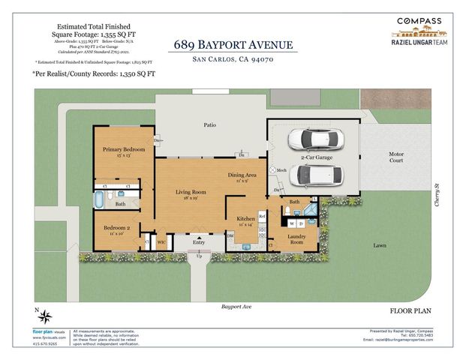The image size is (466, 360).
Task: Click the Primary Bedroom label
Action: [123, 149]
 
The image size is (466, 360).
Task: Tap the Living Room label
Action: [191, 192]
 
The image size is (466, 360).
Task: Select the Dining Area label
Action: [242, 175]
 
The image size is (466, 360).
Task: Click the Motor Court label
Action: [395, 157]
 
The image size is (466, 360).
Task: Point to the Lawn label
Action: [380, 245]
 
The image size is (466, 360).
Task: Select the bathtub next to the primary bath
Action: [100, 200]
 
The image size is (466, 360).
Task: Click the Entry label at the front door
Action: [199, 241]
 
